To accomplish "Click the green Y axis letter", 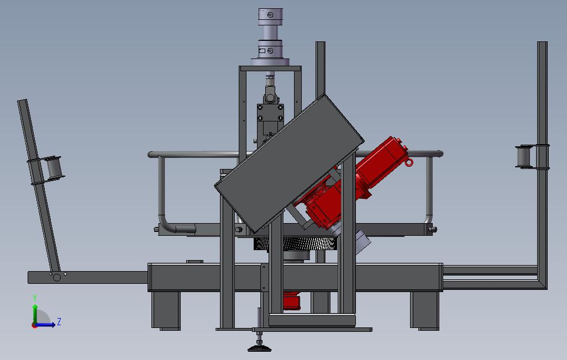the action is pyautogui.click(x=35, y=298).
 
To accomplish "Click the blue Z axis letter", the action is pyautogui.click(x=59, y=321).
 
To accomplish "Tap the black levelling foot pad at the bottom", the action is pyautogui.click(x=259, y=348).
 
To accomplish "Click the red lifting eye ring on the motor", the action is pyautogui.click(x=408, y=162).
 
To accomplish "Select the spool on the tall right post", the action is pyautogui.click(x=525, y=156).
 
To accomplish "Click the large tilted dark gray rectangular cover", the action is pyautogui.click(x=289, y=163).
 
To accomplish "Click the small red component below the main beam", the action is pyautogui.click(x=291, y=301).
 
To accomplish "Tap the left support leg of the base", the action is pyautogui.click(x=166, y=310).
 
